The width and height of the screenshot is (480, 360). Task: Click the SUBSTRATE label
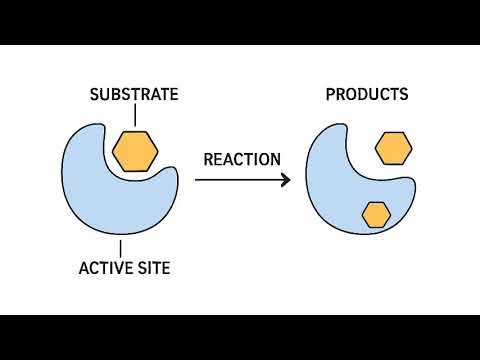(134, 96)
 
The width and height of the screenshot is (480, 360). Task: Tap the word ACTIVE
(105, 268)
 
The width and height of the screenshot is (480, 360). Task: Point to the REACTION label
(242, 159)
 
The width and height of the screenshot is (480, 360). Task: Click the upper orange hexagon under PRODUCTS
(393, 149)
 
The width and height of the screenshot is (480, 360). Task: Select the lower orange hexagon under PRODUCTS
(376, 214)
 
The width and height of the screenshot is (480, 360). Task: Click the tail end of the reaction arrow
(197, 180)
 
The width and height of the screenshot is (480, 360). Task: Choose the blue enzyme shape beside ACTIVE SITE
(100, 190)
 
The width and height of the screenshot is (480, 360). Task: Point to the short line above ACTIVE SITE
(121, 247)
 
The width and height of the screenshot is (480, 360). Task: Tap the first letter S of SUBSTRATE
(95, 96)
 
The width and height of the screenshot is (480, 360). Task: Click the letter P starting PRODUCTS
(331, 96)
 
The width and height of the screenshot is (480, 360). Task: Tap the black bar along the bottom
(240, 337)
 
